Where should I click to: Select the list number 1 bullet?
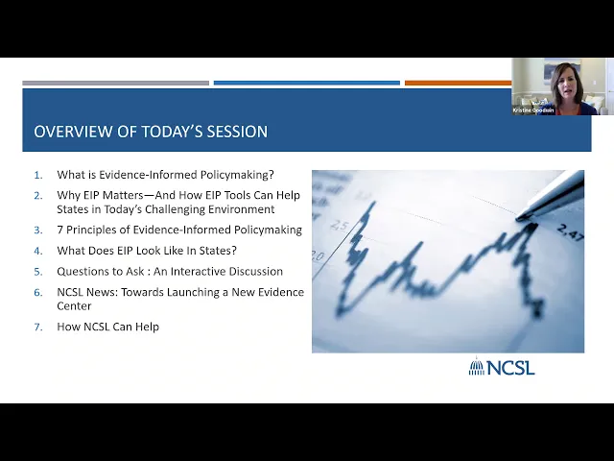click(38, 175)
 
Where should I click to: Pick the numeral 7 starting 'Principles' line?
click(59, 230)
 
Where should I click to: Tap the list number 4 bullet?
click(38, 251)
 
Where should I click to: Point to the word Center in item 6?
click(74, 306)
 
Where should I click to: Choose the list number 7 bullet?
click(38, 327)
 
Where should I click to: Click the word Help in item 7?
click(147, 327)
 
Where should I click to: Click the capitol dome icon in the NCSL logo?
click(477, 366)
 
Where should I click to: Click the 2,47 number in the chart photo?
click(570, 231)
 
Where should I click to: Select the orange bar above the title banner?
click(459, 83)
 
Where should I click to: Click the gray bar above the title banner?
click(115, 83)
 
